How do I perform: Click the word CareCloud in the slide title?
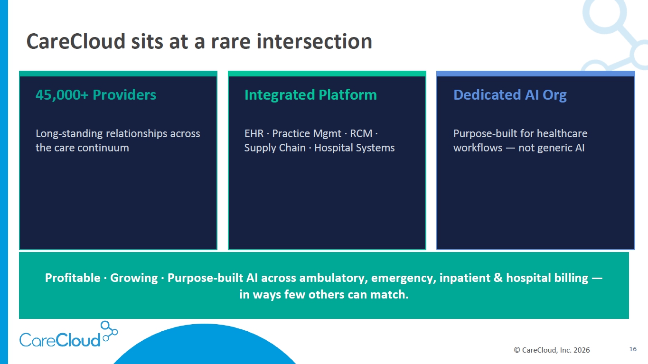click(x=76, y=41)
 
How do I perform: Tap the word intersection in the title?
click(x=314, y=41)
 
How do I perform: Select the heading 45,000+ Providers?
click(x=96, y=95)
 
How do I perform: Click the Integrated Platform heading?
click(x=310, y=95)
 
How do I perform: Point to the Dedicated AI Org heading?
click(x=510, y=95)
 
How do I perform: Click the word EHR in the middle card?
click(x=254, y=133)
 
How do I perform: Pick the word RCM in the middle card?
click(x=361, y=133)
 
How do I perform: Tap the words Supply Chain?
click(x=275, y=148)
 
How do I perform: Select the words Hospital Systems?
click(x=354, y=148)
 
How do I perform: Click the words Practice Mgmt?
click(x=307, y=134)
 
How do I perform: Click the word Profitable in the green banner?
click(x=73, y=278)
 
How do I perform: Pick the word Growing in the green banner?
click(x=134, y=278)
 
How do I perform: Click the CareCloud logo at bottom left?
click(x=68, y=334)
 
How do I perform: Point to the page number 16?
click(x=633, y=349)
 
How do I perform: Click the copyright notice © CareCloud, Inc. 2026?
click(x=552, y=350)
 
